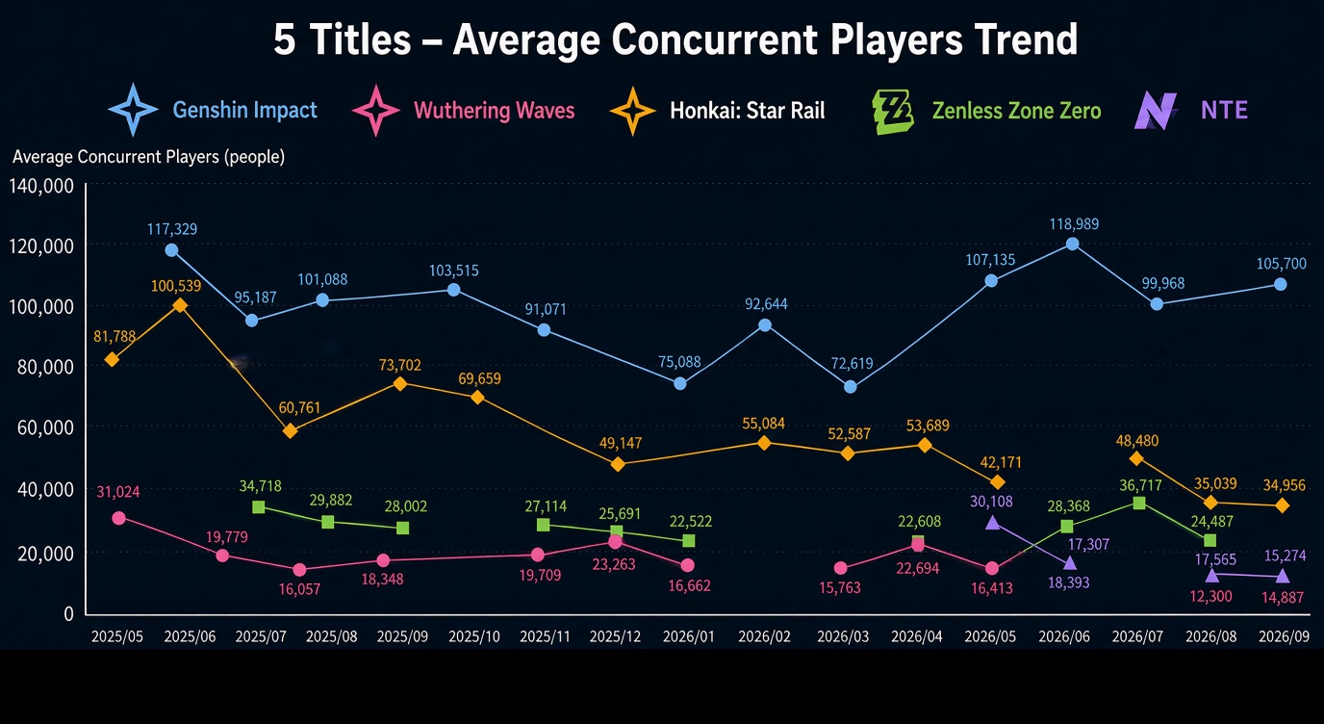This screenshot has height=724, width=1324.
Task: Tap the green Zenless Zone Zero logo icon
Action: click(x=893, y=112)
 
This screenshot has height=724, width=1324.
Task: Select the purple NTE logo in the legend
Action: click(x=1155, y=111)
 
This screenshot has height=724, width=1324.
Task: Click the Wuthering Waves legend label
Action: click(x=495, y=111)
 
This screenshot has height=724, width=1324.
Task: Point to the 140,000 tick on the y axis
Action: click(x=41, y=187)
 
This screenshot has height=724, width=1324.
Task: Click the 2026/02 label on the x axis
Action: click(x=764, y=636)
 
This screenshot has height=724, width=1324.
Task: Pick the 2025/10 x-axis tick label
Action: click(x=474, y=636)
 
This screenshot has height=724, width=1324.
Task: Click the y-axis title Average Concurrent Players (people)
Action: click(x=148, y=157)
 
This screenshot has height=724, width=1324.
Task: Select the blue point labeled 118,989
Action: click(x=1072, y=244)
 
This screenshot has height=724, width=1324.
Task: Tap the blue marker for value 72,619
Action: click(x=850, y=387)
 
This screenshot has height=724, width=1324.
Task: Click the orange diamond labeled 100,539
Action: click(x=180, y=305)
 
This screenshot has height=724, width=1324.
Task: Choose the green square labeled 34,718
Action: click(x=258, y=507)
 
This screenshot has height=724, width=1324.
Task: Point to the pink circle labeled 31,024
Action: click(x=118, y=518)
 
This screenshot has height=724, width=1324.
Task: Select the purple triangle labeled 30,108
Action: click(x=992, y=522)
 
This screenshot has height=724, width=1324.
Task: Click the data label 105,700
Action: click(x=1281, y=264)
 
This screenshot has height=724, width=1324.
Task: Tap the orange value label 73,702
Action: click(x=400, y=365)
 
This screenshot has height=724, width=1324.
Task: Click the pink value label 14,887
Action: click(x=1282, y=598)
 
